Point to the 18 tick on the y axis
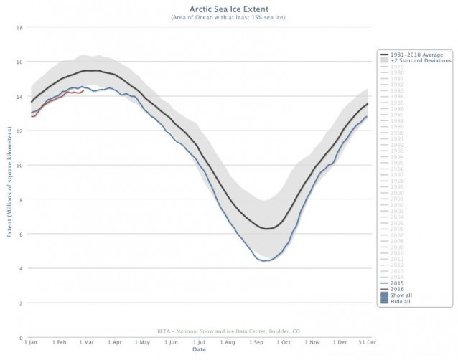pyautogui.click(x=19, y=27)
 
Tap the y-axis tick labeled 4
pyautogui.click(x=21, y=269)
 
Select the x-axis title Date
pyautogui.click(x=199, y=351)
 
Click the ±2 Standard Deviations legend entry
pyautogui.click(x=412, y=60)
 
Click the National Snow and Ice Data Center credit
pyautogui.click(x=199, y=331)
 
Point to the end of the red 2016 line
pyautogui.click(x=85, y=90)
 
